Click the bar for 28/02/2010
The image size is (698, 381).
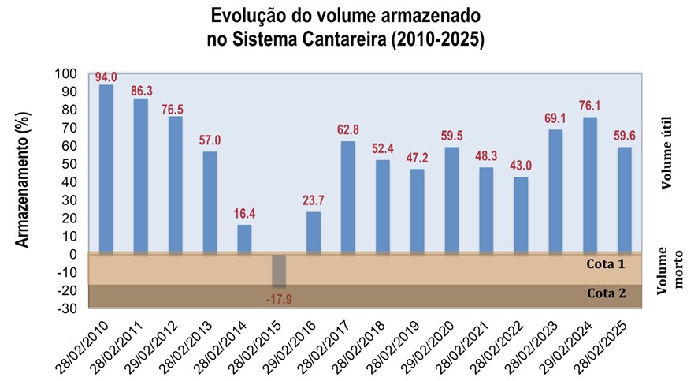(x=106, y=170)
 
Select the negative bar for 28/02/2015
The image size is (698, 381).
(x=279, y=271)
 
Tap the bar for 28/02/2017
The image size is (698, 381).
(x=348, y=197)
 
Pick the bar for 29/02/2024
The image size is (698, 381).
(x=590, y=185)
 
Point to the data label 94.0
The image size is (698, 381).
(x=106, y=77)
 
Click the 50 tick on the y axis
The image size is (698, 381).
(x=69, y=164)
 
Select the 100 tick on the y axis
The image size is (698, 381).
(x=66, y=74)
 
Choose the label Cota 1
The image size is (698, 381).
(x=606, y=263)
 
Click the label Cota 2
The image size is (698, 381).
(x=606, y=293)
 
